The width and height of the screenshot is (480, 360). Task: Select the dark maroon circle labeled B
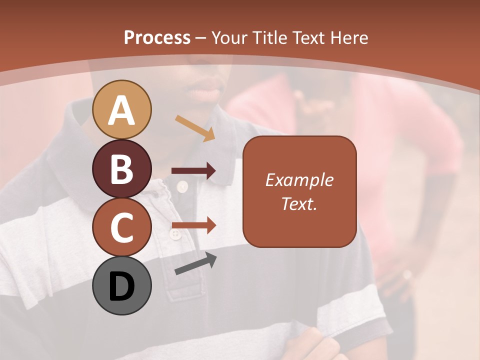121,169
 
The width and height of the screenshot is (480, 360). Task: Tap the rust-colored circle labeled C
121,227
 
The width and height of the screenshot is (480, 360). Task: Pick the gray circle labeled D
121,285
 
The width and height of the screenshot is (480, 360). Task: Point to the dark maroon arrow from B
193,171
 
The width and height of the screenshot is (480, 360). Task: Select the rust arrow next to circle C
193,226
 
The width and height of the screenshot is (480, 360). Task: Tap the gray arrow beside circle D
195,263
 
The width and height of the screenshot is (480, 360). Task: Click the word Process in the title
157,37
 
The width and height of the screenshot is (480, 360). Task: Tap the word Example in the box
299,180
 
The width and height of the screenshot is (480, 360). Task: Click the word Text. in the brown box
299,203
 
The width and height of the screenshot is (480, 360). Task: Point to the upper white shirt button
182,187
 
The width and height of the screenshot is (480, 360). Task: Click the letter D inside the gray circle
121,287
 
